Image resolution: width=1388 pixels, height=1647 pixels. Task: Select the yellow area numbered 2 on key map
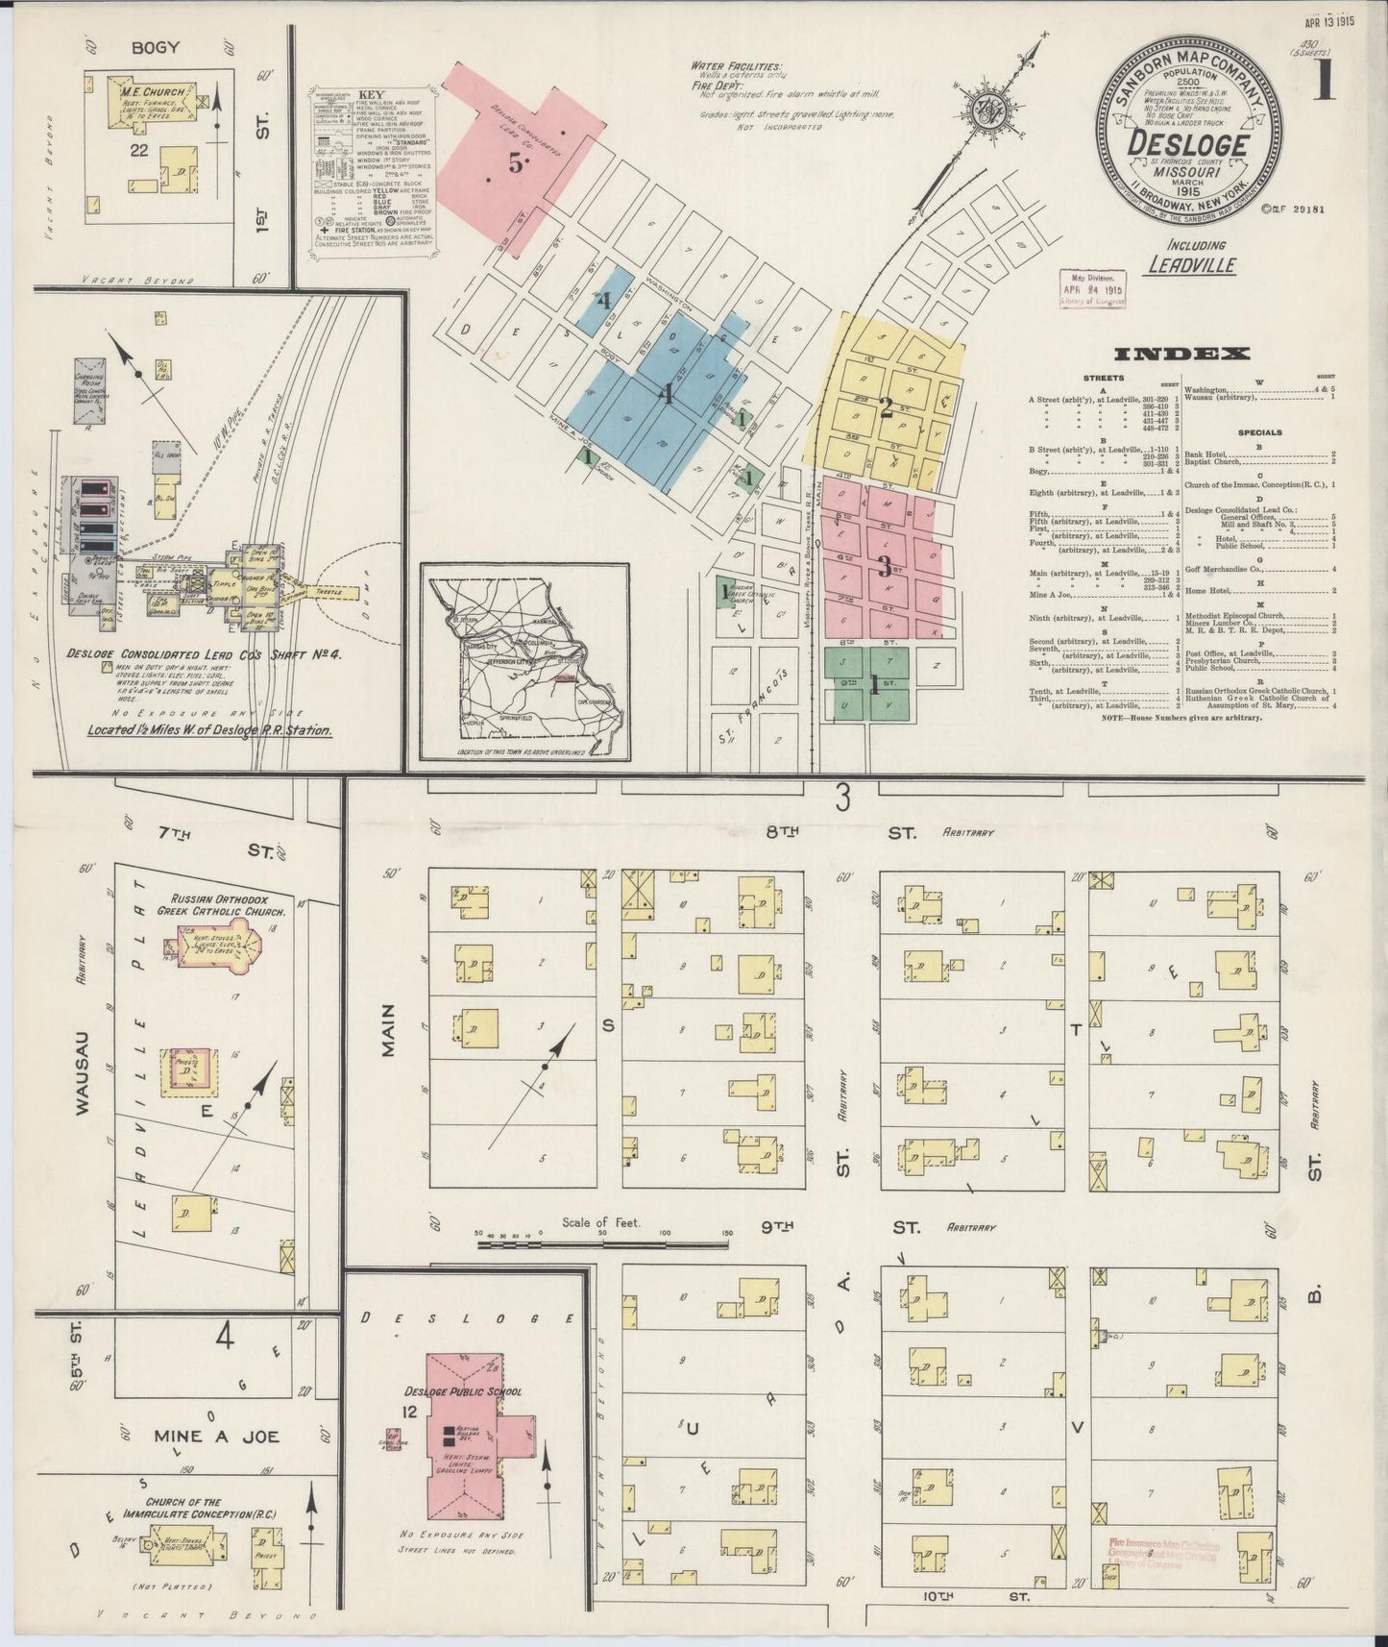tap(886, 406)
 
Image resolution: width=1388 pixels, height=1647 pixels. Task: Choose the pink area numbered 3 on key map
tap(884, 567)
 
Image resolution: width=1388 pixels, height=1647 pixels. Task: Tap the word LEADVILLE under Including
tap(1192, 265)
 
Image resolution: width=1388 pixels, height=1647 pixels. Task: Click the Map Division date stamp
tap(1093, 287)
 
